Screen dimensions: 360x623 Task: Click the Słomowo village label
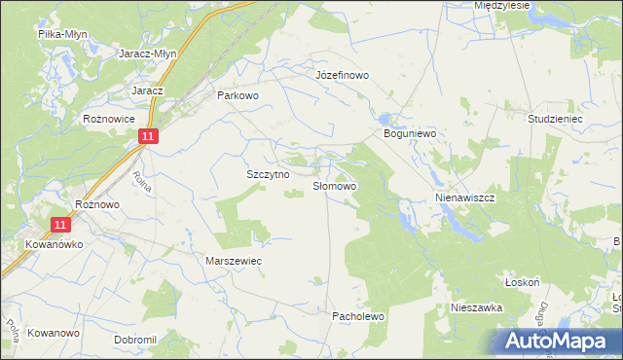(x=335, y=185)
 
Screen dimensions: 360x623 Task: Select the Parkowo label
(x=238, y=95)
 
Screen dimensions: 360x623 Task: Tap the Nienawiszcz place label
(x=465, y=197)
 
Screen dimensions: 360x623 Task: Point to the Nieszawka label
(x=476, y=306)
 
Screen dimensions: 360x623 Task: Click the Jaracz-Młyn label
(x=146, y=54)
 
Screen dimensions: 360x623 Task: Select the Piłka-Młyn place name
(x=62, y=34)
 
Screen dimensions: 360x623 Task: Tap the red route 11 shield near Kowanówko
(x=61, y=225)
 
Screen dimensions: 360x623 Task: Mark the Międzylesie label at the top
(x=501, y=5)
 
